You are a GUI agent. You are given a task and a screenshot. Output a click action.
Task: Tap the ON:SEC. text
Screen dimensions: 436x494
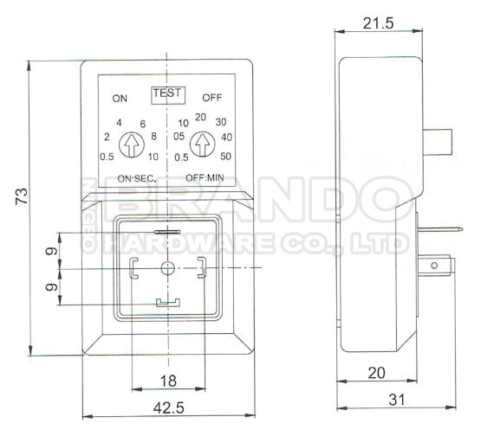pyautogui.click(x=136, y=178)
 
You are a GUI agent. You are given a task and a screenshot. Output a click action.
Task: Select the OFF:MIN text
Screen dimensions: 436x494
pyautogui.click(x=205, y=178)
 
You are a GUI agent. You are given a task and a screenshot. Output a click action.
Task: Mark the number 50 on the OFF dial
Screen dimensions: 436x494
pyautogui.click(x=225, y=157)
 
